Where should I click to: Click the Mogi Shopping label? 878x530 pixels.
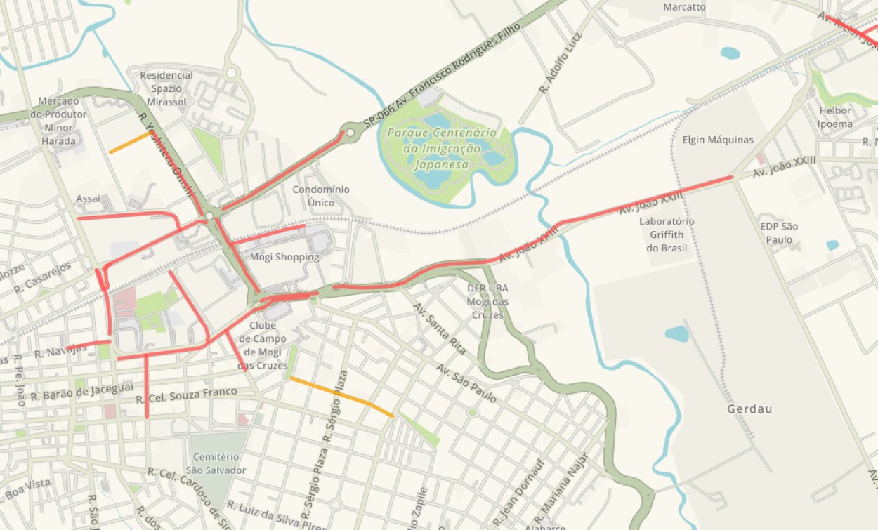click(x=284, y=257)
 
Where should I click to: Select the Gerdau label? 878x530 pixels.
click(x=749, y=409)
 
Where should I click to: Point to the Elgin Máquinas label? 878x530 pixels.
click(x=718, y=140)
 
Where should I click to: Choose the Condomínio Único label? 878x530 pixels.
click(x=320, y=196)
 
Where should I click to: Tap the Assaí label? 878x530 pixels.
click(x=89, y=199)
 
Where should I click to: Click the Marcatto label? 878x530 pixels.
click(x=684, y=7)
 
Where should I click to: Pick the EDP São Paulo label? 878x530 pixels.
click(x=779, y=233)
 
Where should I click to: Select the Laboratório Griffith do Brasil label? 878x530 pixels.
click(x=667, y=234)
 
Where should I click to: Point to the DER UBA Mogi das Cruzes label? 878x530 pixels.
click(x=487, y=301)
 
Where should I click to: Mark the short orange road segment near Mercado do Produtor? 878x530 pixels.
click(x=129, y=143)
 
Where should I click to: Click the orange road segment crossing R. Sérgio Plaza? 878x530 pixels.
click(x=341, y=397)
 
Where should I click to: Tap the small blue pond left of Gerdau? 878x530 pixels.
click(x=677, y=333)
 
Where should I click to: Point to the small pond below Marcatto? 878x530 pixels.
click(x=730, y=53)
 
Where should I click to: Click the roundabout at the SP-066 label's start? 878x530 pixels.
click(x=350, y=132)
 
